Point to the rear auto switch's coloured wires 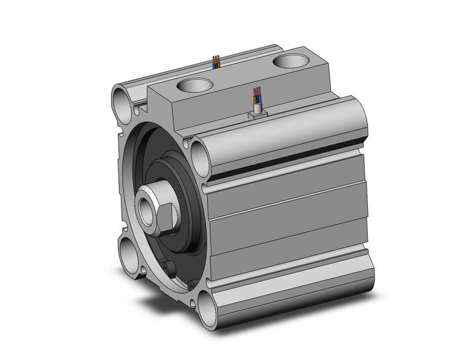click(216, 61)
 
